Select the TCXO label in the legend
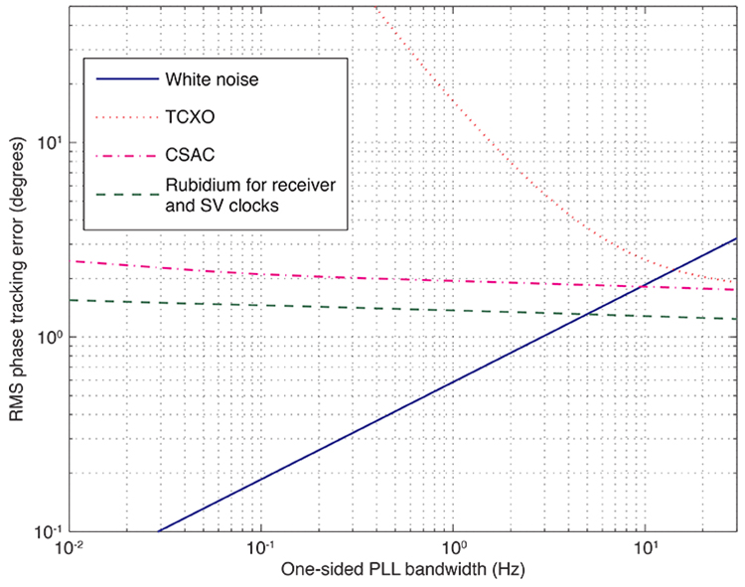coord(184,117)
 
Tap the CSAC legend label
coord(184,155)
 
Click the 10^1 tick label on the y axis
coord(47,141)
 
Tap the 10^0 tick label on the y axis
coord(47,336)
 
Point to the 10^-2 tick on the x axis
coord(69,548)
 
